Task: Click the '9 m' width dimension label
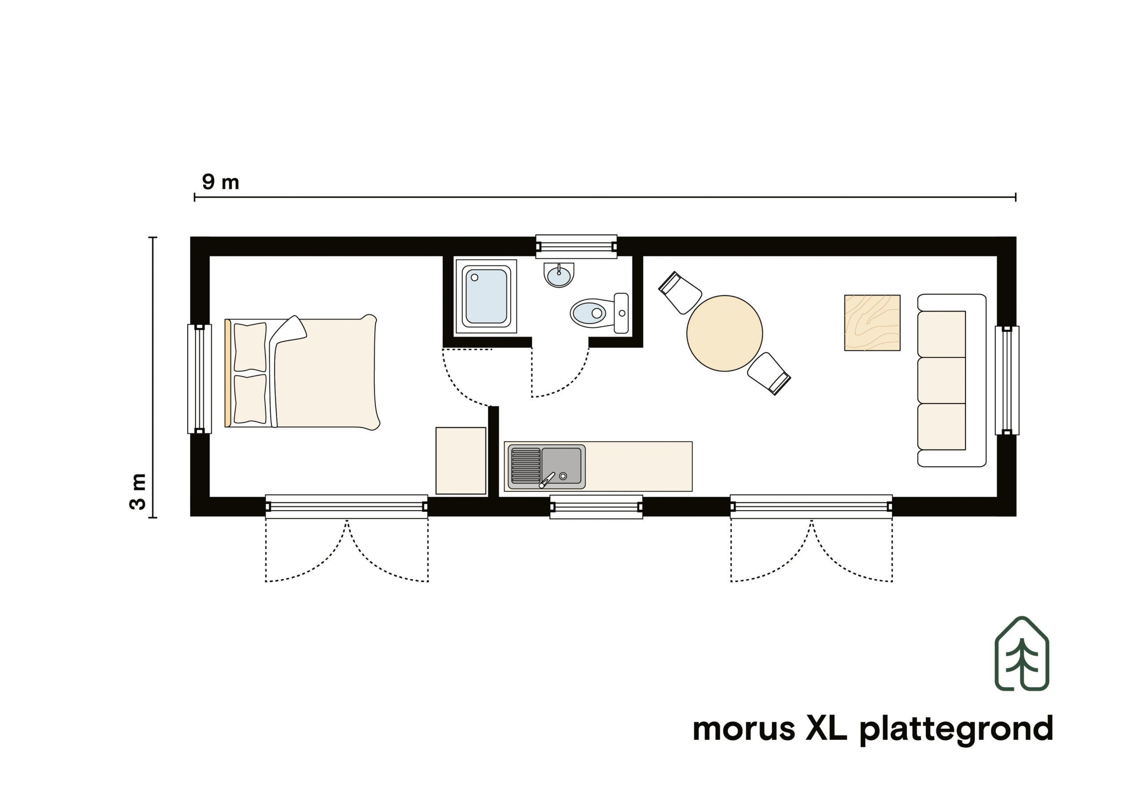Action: pyautogui.click(x=221, y=182)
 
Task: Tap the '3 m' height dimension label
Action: pyautogui.click(x=138, y=491)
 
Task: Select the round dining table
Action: pyautogui.click(x=724, y=333)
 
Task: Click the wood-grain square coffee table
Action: pyautogui.click(x=872, y=323)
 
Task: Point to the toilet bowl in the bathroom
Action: pyautogui.click(x=590, y=313)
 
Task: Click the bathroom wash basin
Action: pyautogui.click(x=559, y=275)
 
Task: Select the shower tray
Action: pyautogui.click(x=486, y=296)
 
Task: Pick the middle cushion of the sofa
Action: pyautogui.click(x=941, y=380)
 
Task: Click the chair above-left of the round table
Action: pyautogui.click(x=680, y=293)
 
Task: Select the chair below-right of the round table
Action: pyautogui.click(x=769, y=374)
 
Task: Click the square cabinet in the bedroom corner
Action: pyautogui.click(x=461, y=460)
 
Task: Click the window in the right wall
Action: pyautogui.click(x=1007, y=380)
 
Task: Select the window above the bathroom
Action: pyautogui.click(x=576, y=247)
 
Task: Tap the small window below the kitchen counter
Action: pyautogui.click(x=596, y=507)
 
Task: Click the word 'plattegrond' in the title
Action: pyautogui.click(x=956, y=729)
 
